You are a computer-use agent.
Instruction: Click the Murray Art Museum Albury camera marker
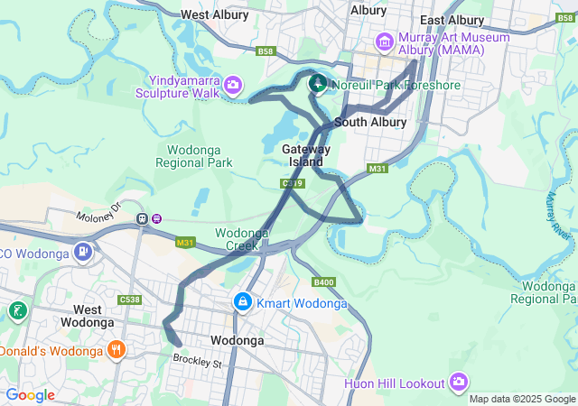pos(385,42)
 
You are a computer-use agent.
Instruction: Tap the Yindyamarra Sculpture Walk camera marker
pos(233,85)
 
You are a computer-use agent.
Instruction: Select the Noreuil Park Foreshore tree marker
pos(318,85)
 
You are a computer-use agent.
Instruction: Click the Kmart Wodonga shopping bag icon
pos(242,302)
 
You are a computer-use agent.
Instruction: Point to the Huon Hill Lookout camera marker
pos(460,383)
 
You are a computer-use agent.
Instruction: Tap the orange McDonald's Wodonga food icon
pos(116,349)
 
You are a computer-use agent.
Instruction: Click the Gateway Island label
pos(306,155)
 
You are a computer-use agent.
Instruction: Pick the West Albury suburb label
pos(216,14)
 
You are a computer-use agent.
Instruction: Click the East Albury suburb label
pos(452,20)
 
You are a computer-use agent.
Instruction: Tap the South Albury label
pos(370,122)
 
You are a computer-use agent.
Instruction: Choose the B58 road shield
pos(265,51)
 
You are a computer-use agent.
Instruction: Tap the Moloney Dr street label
pos(98,215)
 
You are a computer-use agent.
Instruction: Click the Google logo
pos(30,394)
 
